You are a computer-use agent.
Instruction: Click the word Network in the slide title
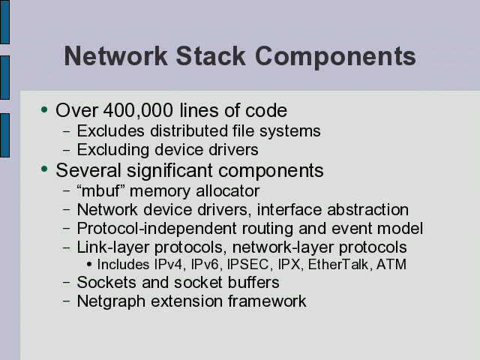tap(115, 55)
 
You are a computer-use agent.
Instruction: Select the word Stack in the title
tap(211, 55)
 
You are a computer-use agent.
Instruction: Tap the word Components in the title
tap(335, 58)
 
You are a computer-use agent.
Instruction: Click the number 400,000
tap(138, 110)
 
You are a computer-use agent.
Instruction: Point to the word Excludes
tap(110, 130)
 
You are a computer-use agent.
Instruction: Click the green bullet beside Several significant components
tap(44, 169)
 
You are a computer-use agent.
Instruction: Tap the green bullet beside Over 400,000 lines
tap(44, 109)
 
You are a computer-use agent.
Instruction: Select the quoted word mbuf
tap(100, 190)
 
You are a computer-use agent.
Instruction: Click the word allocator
tap(227, 190)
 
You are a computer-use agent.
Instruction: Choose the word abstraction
tap(367, 210)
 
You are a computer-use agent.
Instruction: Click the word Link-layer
tap(113, 248)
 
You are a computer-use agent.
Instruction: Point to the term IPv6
tap(205, 265)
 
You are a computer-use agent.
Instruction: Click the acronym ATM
tap(391, 265)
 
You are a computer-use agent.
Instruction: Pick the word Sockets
tap(106, 282)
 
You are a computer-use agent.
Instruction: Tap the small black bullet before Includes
tap(89, 265)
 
